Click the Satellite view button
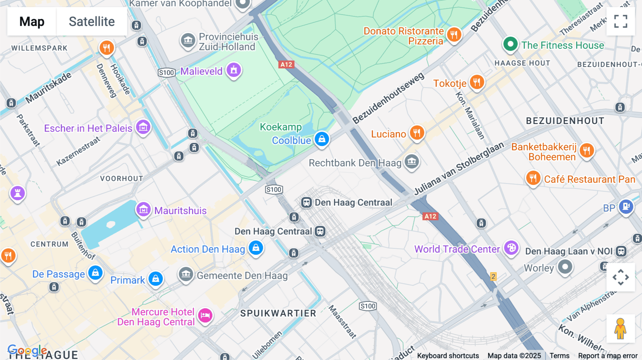click(92, 21)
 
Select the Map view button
click(32, 21)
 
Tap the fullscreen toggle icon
click(621, 21)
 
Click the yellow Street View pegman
click(620, 329)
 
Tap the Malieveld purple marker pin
click(234, 70)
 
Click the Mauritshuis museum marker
click(143, 209)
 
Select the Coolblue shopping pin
click(322, 139)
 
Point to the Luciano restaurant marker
click(417, 133)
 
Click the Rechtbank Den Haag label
click(355, 163)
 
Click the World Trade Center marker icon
click(511, 248)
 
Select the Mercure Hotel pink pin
click(205, 315)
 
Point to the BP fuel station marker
click(626, 206)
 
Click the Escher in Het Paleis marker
click(143, 127)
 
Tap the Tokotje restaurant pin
click(477, 82)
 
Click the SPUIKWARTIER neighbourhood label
click(278, 313)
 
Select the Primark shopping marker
click(156, 279)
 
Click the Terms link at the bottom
click(559, 355)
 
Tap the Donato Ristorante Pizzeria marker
click(454, 35)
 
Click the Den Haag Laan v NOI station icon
click(621, 251)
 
